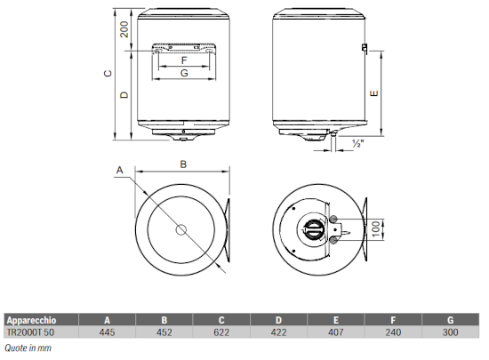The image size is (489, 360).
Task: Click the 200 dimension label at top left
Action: pyautogui.click(x=124, y=29)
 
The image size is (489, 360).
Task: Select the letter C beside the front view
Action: pyautogui.click(x=108, y=74)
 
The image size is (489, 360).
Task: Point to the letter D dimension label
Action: pyautogui.click(x=124, y=95)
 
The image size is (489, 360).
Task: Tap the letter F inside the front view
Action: pyautogui.click(x=184, y=60)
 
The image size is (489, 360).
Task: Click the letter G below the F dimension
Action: pyautogui.click(x=184, y=73)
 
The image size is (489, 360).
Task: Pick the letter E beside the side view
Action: pyautogui.click(x=374, y=93)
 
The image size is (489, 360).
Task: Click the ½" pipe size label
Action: pyautogui.click(x=358, y=143)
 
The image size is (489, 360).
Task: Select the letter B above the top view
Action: pyautogui.click(x=183, y=164)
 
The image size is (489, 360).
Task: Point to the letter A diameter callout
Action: pyautogui.click(x=120, y=170)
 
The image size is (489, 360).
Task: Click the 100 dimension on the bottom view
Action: pyautogui.click(x=376, y=228)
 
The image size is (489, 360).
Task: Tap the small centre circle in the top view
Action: pyautogui.click(x=180, y=230)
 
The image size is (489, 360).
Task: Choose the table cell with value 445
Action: pyautogui.click(x=107, y=332)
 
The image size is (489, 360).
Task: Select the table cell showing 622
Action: pyautogui.click(x=221, y=332)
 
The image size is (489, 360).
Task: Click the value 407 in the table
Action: pyautogui.click(x=336, y=332)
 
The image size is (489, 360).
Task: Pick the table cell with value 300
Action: pyautogui.click(x=451, y=332)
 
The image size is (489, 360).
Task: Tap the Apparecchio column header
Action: pyautogui.click(x=31, y=320)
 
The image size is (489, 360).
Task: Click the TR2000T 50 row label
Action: pyautogui.click(x=30, y=332)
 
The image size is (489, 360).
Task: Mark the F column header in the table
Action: pyautogui.click(x=393, y=320)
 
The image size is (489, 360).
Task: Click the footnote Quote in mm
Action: pyautogui.click(x=28, y=348)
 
